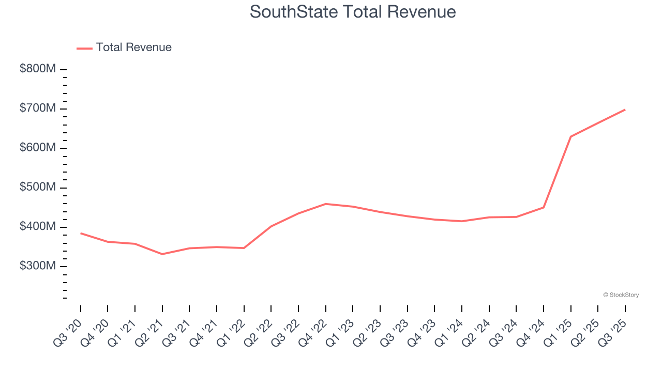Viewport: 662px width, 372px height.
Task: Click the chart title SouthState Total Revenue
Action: [x=353, y=12]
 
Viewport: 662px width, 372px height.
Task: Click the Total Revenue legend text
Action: [x=133, y=48]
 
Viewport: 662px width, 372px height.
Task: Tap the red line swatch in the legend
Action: [x=84, y=48]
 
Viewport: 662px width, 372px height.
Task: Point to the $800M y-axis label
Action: [x=37, y=69]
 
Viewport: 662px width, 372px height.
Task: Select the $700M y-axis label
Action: [x=37, y=109]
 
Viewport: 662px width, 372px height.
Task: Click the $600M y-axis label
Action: [x=37, y=148]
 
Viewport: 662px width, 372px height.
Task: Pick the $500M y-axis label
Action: [x=37, y=188]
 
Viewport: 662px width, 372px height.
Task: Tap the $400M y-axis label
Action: [x=37, y=227]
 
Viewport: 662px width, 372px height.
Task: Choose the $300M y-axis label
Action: [x=37, y=266]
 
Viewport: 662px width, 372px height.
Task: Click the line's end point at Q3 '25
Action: [x=625, y=110]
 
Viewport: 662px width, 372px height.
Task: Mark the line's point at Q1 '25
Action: [x=571, y=136]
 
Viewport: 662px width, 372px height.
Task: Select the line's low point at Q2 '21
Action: [x=162, y=254]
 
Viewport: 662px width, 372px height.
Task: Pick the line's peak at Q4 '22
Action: [x=326, y=204]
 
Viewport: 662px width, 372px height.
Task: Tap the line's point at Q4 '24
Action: [x=544, y=207]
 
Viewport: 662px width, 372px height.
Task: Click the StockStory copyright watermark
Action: [x=621, y=295]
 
